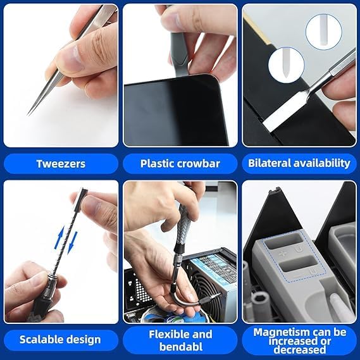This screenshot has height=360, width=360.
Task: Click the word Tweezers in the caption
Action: (61, 163)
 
